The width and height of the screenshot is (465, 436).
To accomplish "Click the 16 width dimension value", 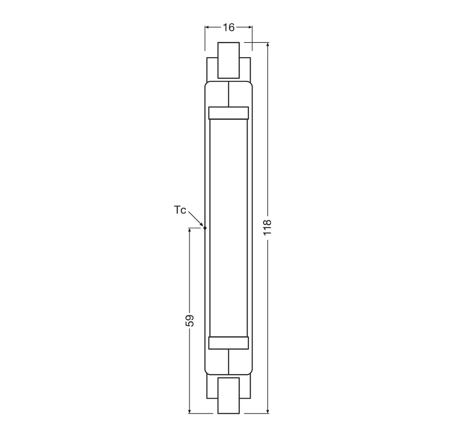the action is coord(229,27).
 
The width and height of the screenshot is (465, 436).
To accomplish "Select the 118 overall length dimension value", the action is coord(267,227).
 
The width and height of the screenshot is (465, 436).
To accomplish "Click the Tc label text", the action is coord(180,210).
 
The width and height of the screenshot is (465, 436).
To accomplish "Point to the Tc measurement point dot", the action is coord(205,228).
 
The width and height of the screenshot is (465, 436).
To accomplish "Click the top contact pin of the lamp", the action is coord(228,60).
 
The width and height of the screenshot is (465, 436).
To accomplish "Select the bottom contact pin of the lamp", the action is coord(228,395).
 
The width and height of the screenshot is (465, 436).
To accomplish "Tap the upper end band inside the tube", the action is coord(228,113).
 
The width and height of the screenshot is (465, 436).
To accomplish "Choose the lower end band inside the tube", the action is coord(228,343).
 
